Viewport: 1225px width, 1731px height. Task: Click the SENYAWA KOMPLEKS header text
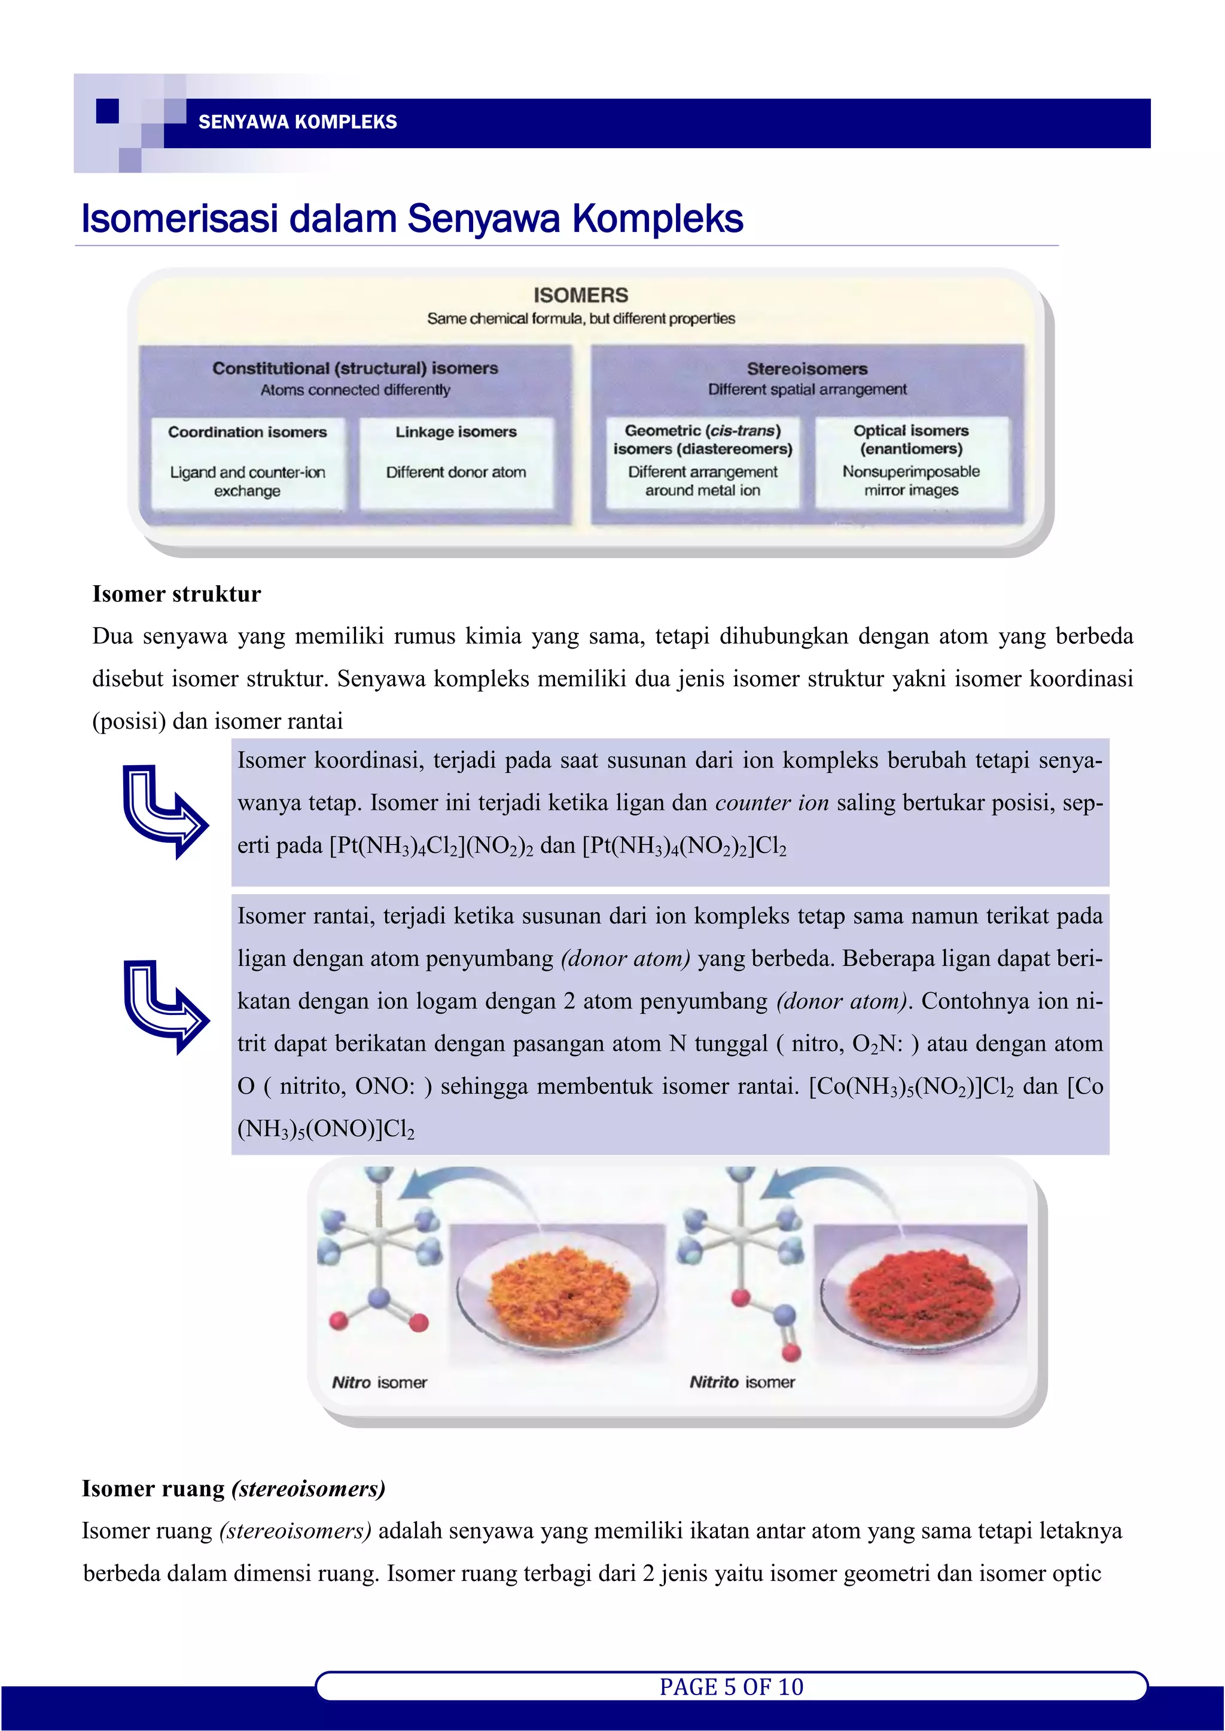[x=297, y=122]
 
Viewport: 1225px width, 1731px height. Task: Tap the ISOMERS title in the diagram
[x=580, y=295]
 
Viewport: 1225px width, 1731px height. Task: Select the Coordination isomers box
[x=248, y=461]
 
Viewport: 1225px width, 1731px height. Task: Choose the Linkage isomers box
[x=456, y=461]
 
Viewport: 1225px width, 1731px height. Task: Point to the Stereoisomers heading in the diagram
[x=806, y=369]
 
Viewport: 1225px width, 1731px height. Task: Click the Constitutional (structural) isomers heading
[x=355, y=369]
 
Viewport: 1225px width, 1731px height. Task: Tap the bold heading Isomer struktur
[x=176, y=594]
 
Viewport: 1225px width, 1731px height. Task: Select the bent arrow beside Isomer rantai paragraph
[x=165, y=1007]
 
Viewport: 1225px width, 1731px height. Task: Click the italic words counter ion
[x=772, y=803]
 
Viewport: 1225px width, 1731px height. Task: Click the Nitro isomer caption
[x=379, y=1383]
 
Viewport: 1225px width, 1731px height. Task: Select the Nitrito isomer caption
[x=742, y=1382]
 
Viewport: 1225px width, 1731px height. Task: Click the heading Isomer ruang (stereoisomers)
[x=234, y=1489]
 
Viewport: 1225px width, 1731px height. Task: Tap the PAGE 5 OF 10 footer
[x=731, y=1687]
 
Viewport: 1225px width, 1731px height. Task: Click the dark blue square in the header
[x=108, y=111]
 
